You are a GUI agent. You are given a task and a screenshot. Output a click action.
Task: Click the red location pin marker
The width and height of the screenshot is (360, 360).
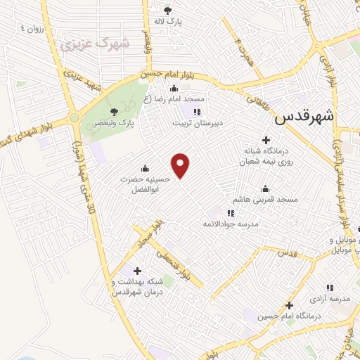point(181,165)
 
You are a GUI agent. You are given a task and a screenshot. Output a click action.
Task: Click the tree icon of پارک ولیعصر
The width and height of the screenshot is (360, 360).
point(115,111)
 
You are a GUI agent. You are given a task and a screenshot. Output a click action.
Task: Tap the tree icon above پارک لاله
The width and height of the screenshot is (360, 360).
point(167,11)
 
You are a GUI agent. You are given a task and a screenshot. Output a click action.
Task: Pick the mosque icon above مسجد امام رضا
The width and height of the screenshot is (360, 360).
point(174,88)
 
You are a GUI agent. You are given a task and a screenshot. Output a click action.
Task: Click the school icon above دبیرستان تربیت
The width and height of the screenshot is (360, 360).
point(198,111)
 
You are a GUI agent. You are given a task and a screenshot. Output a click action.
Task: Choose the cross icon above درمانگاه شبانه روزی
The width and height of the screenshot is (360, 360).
point(266,140)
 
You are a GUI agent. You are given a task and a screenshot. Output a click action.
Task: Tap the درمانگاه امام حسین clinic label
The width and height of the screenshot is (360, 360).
point(289,316)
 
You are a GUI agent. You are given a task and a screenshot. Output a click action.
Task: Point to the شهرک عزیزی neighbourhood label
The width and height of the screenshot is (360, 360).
point(95,44)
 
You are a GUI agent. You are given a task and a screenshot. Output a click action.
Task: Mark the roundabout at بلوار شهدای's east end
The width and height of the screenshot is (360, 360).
point(74,117)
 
